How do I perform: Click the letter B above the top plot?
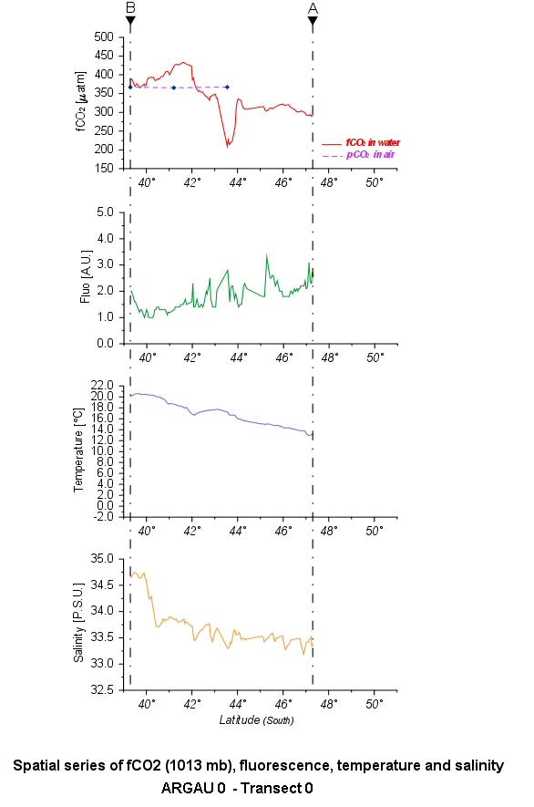pos(130,7)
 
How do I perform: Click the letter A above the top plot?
pos(313,8)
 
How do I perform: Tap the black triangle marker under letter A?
pos(313,21)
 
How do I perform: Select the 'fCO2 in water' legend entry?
pos(361,142)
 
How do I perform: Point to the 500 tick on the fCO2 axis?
pos(104,36)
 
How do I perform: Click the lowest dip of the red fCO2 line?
pos(228,147)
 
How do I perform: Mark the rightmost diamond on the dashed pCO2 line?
pos(228,87)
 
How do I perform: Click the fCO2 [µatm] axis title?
pos(81,101)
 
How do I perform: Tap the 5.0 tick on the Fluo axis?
pos(106,212)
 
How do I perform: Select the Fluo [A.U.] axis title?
pos(86,277)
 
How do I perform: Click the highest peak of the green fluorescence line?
pos(266,254)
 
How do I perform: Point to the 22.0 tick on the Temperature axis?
pos(103,386)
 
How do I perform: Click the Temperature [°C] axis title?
pos(78,450)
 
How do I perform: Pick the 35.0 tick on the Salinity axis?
pos(102,558)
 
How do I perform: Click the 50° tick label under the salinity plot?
pos(375,704)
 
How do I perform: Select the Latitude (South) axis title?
pos(256,720)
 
